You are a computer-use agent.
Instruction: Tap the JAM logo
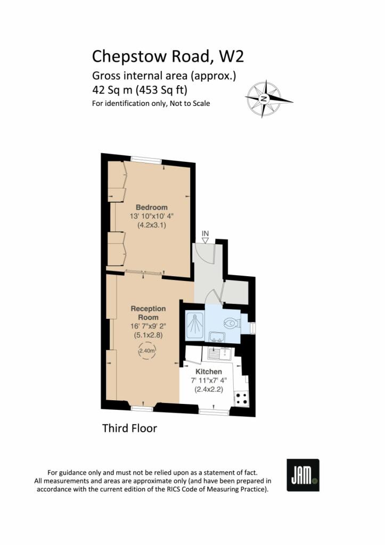pyautogui.click(x=303, y=475)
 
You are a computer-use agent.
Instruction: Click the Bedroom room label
pyautogui.click(x=151, y=207)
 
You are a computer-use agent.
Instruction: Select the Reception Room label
pyautogui.click(x=149, y=313)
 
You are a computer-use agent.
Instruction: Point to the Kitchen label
pyautogui.click(x=208, y=371)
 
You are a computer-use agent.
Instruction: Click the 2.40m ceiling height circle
pyautogui.click(x=146, y=351)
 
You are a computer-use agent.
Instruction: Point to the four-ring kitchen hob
pyautogui.click(x=241, y=397)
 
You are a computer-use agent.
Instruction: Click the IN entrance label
pyautogui.click(x=205, y=233)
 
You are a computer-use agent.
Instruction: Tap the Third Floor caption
pyautogui.click(x=129, y=428)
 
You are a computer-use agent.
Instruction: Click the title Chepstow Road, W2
pyautogui.click(x=168, y=56)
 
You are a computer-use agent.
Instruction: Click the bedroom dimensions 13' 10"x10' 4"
pyautogui.click(x=152, y=217)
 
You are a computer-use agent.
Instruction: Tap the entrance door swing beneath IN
pyautogui.click(x=206, y=253)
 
